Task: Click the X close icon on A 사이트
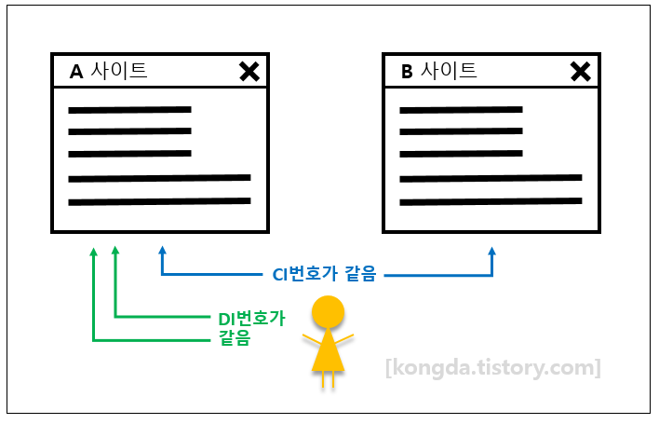249,71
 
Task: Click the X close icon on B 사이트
580,71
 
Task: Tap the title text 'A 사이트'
108,71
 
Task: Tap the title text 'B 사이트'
438,71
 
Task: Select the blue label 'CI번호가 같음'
324,275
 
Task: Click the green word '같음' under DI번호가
235,338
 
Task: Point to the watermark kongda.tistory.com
493,367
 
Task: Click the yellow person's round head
327,311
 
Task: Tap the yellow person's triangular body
327,351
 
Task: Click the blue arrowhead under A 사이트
162,250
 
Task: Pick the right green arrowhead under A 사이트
115,250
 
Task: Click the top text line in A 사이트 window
129,110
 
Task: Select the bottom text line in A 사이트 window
159,200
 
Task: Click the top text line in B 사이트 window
461,110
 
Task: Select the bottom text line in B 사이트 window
491,200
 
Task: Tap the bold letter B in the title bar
407,72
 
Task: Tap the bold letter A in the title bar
76,72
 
